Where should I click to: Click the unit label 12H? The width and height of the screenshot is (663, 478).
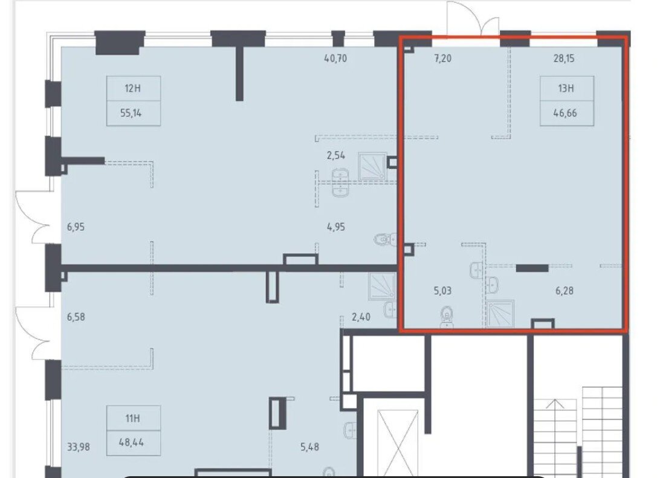click(x=132, y=88)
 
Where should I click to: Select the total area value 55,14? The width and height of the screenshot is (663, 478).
click(x=131, y=113)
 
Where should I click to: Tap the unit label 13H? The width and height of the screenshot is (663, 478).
click(x=566, y=88)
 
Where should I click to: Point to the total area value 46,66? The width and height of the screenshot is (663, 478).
click(x=565, y=113)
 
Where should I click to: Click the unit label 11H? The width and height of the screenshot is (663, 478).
click(x=132, y=418)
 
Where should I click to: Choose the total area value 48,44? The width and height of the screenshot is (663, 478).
click(x=132, y=442)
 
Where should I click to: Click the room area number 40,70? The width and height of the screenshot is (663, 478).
click(x=335, y=59)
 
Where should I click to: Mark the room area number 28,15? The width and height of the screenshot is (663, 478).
click(x=564, y=59)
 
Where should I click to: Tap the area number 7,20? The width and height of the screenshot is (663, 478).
click(x=442, y=59)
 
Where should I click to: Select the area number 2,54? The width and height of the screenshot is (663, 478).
click(x=335, y=155)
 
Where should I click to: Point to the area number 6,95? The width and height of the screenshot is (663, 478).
click(x=76, y=227)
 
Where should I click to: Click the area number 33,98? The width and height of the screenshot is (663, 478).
click(x=78, y=447)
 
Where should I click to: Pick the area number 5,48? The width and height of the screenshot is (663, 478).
click(x=309, y=447)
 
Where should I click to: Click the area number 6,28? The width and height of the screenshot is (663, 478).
click(x=564, y=291)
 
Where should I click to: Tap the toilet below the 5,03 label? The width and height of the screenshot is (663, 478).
click(x=447, y=317)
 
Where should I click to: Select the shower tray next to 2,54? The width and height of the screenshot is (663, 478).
click(x=372, y=167)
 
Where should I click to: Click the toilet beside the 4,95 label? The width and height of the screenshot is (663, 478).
click(x=385, y=240)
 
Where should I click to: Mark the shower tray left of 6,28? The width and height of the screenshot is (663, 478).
click(x=500, y=314)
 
